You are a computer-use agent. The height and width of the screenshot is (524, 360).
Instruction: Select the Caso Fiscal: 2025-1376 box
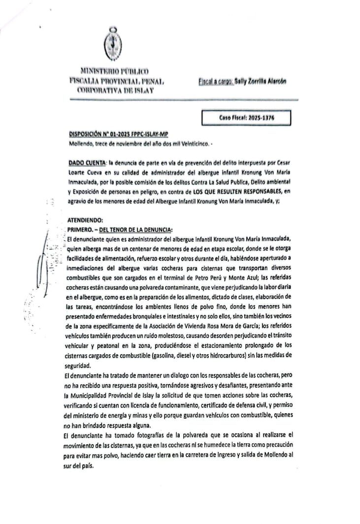246,118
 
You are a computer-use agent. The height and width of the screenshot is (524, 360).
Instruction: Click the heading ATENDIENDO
86,221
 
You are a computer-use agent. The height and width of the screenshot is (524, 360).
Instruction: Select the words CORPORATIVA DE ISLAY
115,91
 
